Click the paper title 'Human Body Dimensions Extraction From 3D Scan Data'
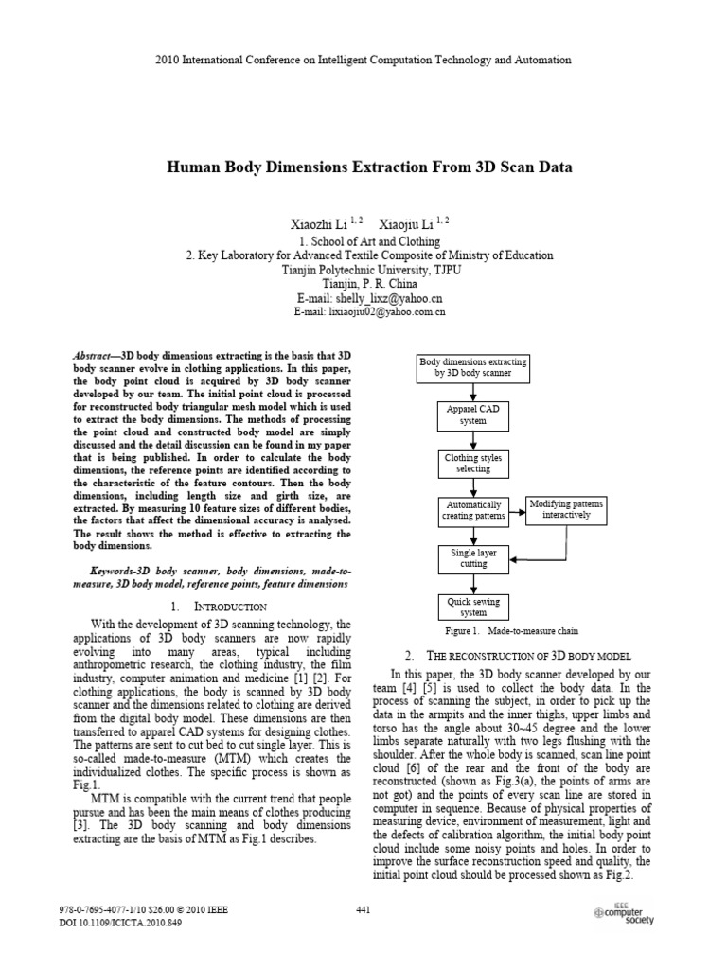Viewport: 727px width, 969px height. (370, 167)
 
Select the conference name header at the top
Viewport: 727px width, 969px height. (363, 60)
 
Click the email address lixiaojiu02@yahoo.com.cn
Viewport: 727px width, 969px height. (370, 311)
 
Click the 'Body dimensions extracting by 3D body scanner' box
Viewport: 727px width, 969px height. (473, 368)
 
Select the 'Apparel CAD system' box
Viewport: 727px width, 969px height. (473, 414)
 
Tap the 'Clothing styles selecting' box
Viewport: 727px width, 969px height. (473, 464)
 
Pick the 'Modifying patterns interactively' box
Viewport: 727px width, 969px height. (566, 508)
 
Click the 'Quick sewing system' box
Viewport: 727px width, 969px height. (473, 607)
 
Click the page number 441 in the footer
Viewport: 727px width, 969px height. (363, 910)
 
